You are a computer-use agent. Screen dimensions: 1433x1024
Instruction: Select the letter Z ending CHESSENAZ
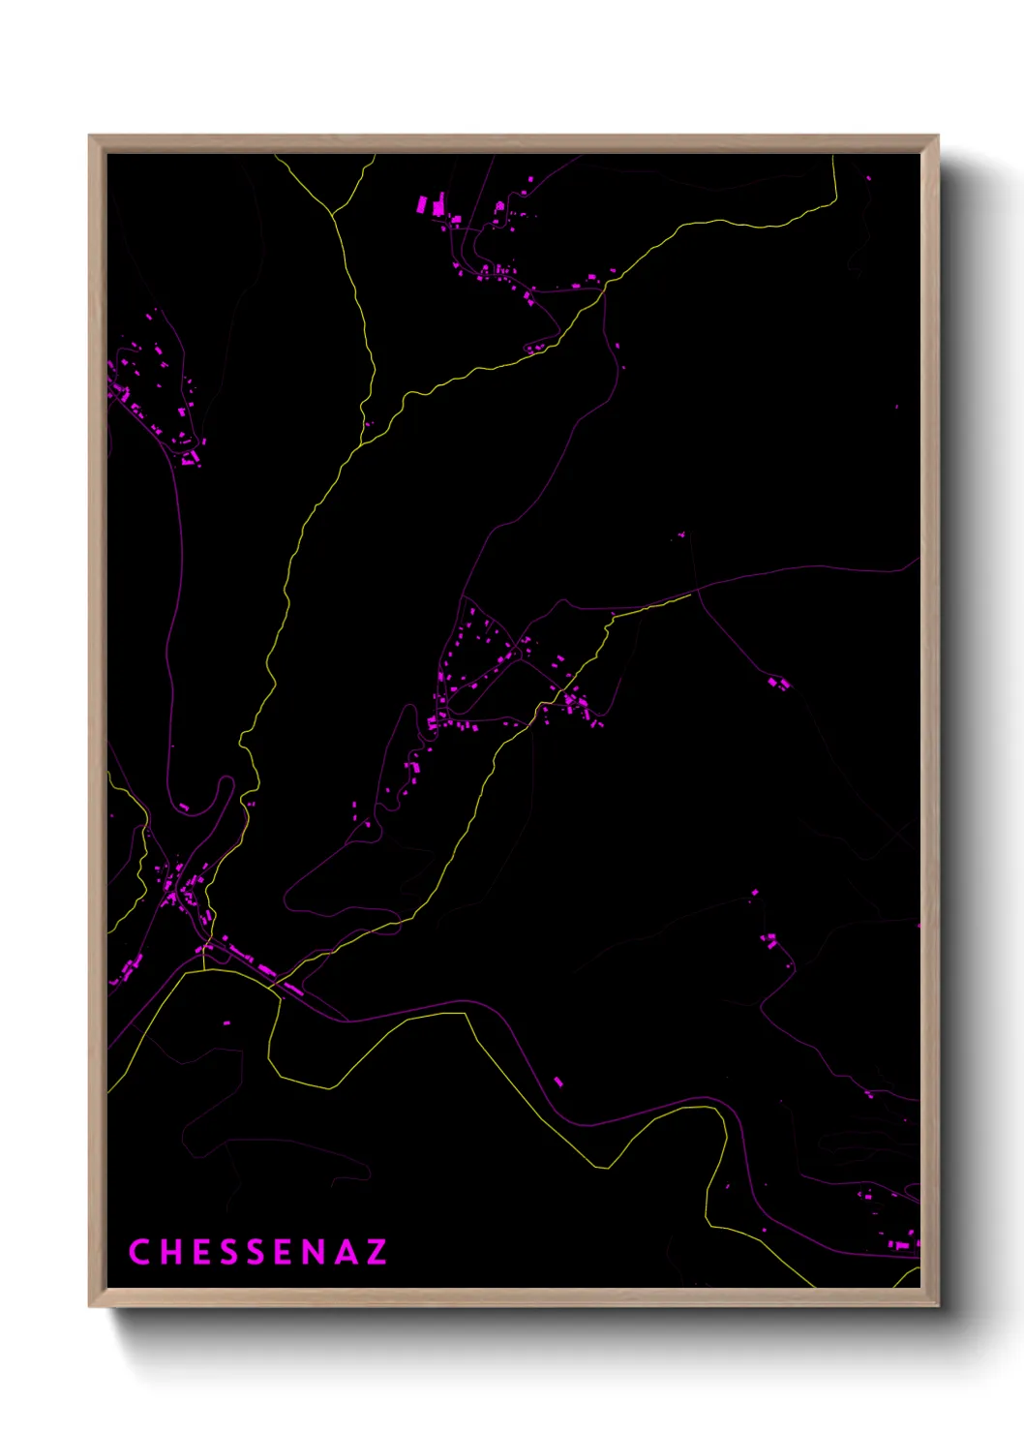[x=376, y=1252]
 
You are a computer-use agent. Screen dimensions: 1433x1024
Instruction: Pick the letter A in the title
[x=344, y=1252]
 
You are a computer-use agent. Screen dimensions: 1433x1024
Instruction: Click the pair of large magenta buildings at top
[x=431, y=205]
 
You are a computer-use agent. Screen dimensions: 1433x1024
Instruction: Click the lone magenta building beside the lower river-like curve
[x=557, y=1081]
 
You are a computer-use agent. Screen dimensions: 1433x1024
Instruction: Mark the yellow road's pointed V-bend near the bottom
[x=607, y=1168]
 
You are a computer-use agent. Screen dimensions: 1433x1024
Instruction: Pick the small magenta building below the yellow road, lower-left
[x=227, y=1022]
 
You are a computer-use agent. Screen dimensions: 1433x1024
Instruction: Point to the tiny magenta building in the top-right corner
[x=868, y=178]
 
